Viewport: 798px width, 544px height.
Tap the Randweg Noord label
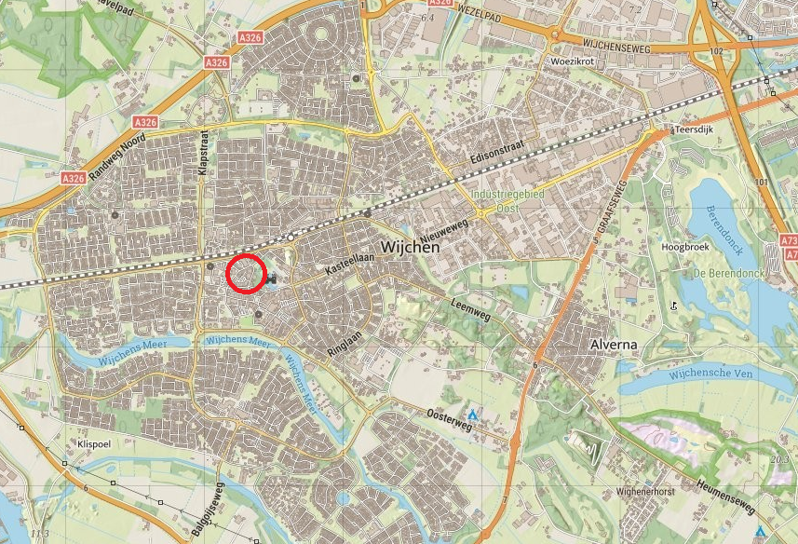116,154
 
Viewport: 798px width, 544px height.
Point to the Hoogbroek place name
684,248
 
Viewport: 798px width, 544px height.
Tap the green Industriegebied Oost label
507,201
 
